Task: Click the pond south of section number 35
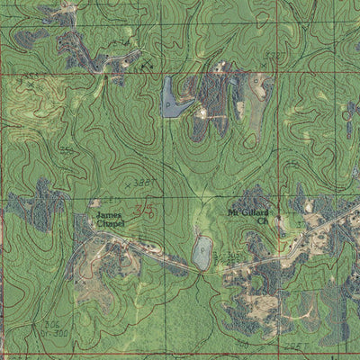pos(202,253)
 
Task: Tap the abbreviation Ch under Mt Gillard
pos(263,220)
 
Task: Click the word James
pos(108,216)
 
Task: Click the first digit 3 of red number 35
pos(139,211)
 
